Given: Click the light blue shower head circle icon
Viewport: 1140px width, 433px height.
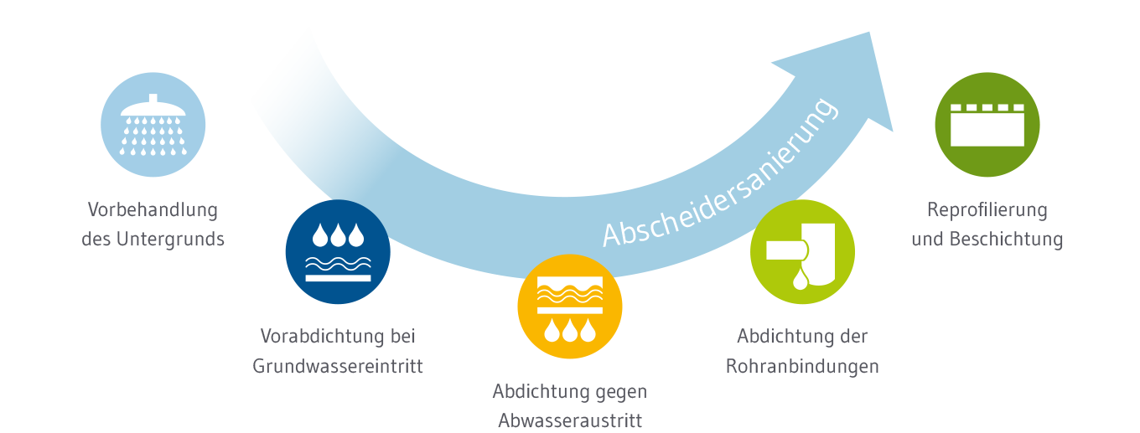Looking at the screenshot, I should [153, 125].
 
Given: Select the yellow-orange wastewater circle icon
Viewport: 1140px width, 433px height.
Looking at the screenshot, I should [570, 307].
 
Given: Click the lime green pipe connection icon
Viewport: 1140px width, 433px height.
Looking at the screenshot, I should [802, 252].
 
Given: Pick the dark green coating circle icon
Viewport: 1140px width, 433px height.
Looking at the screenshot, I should [987, 125].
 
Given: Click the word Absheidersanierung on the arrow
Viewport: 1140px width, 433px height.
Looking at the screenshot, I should [720, 173].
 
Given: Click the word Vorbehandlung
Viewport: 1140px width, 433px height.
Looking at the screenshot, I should [153, 209].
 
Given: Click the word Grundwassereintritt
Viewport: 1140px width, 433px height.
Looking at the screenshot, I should [338, 367].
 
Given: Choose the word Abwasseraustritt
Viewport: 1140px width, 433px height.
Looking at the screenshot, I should [570, 420].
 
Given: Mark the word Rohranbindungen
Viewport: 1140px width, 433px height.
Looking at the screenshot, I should [802, 367].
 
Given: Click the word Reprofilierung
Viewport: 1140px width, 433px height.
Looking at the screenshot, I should [987, 209].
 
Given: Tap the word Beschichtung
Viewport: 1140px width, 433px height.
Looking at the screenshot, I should [1006, 240].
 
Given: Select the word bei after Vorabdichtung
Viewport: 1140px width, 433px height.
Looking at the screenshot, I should [402, 337].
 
